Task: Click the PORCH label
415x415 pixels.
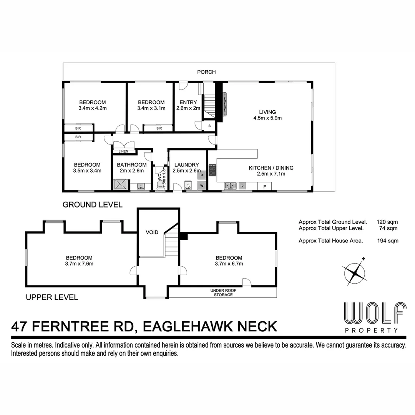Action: click(206, 72)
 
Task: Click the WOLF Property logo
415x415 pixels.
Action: click(375, 317)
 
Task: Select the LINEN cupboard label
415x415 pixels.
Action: click(123, 151)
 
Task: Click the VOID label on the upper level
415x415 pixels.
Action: click(153, 232)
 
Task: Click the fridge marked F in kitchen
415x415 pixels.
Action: click(264, 186)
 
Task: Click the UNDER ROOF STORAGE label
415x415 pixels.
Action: click(222, 292)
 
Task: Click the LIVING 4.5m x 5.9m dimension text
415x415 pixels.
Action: click(267, 118)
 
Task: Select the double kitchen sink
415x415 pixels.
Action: click(231, 186)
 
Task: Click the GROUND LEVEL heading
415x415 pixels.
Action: click(93, 205)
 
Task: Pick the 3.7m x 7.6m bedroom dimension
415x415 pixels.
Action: click(79, 264)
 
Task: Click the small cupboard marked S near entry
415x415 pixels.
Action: click(209, 126)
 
